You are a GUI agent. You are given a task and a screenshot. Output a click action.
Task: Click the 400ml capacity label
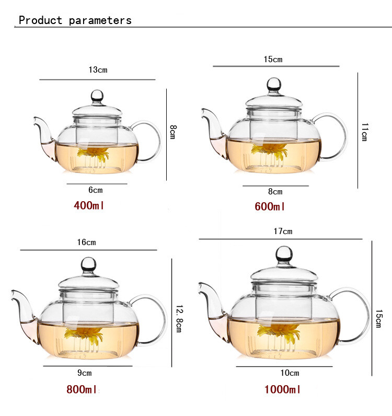(x=89, y=205)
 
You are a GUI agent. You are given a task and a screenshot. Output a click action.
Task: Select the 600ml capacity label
(x=270, y=206)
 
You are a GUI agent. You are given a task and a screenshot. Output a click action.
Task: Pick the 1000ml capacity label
(x=282, y=389)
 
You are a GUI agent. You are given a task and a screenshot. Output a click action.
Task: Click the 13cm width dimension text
(x=98, y=70)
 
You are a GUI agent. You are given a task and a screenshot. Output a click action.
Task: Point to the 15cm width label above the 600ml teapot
(x=272, y=59)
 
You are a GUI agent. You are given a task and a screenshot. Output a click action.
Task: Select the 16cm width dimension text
(x=86, y=242)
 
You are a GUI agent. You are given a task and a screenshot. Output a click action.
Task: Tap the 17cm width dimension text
(x=283, y=231)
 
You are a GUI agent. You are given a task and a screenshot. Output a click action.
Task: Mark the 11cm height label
(x=364, y=132)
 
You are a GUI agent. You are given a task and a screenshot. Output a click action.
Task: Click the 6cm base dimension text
(x=95, y=191)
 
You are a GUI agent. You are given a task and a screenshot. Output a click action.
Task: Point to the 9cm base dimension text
(x=84, y=373)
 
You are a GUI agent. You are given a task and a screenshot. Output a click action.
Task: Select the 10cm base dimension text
(x=290, y=373)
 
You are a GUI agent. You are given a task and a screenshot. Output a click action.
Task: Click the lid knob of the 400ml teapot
(x=97, y=96)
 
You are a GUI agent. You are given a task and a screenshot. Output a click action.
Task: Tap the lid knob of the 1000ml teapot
(x=284, y=254)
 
